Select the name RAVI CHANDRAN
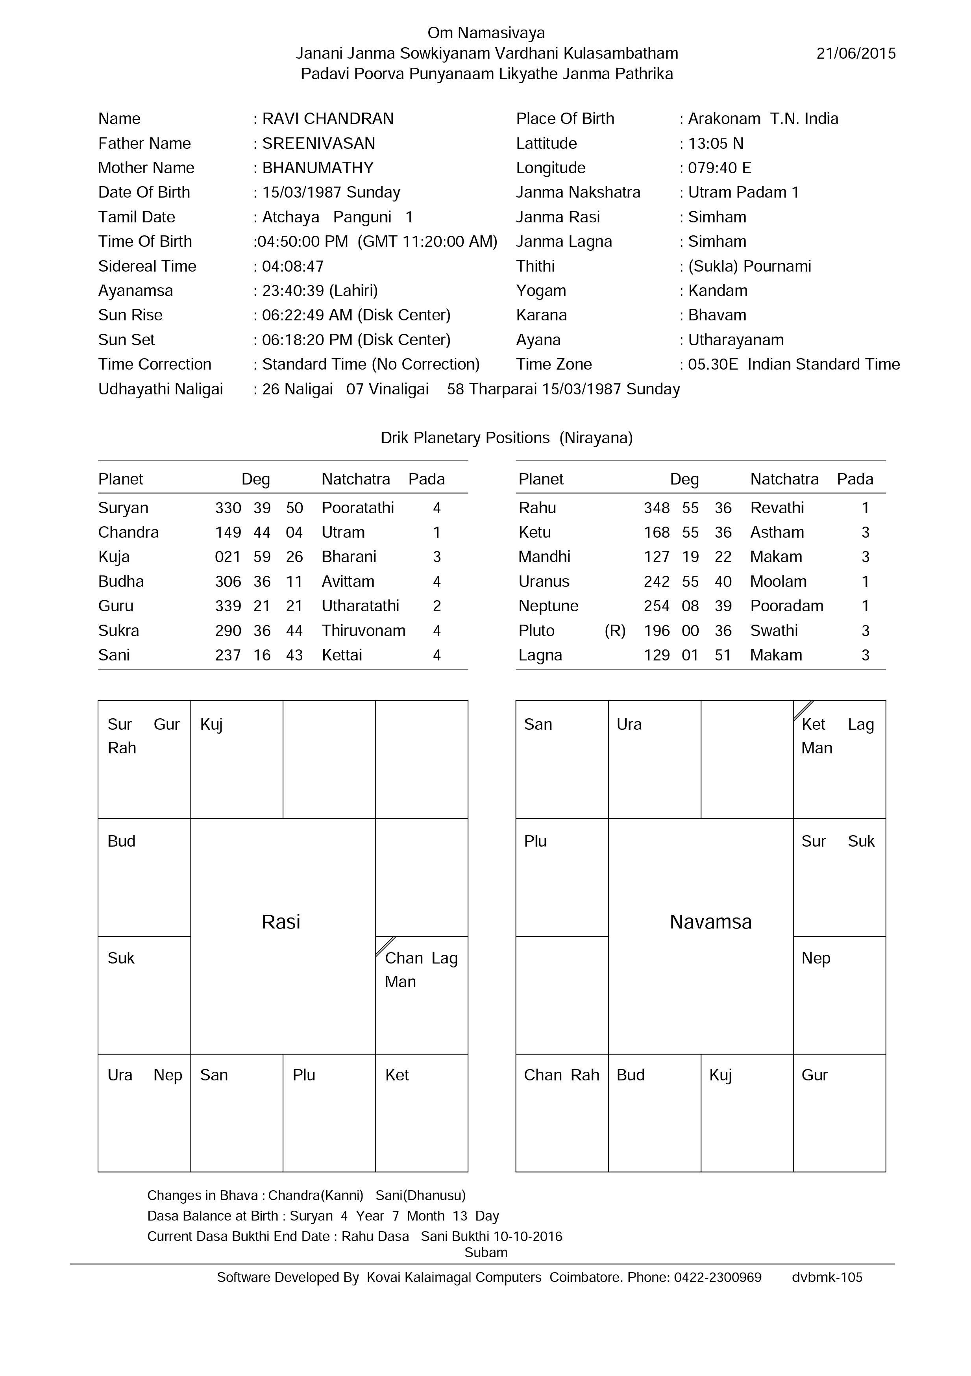[328, 118]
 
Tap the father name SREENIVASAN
[318, 143]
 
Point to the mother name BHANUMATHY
[318, 168]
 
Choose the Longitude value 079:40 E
[719, 168]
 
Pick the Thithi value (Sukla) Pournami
[749, 266]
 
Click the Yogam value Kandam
[718, 290]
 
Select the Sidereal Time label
[148, 266]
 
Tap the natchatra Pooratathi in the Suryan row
[358, 508]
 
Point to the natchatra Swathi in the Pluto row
[774, 631]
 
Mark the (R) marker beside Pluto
[615, 631]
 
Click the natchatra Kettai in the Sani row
[342, 655]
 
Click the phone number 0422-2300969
[718, 1277]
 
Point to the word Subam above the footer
[486, 1252]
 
